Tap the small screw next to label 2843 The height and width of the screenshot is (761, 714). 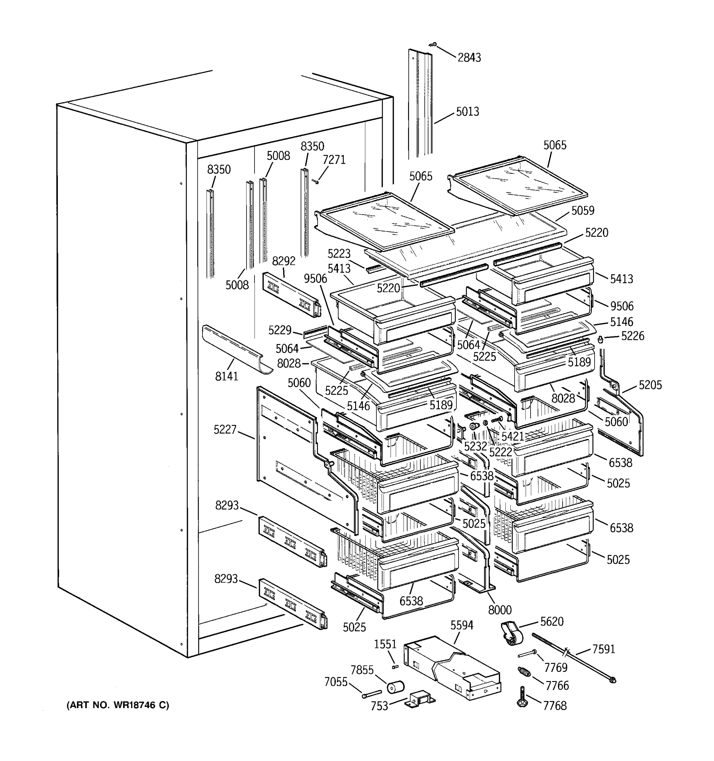point(433,45)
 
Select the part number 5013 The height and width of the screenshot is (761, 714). point(467,112)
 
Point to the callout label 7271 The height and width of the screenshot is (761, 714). point(334,159)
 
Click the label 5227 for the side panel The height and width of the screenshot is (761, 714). point(225,430)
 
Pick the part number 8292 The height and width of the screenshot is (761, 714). point(283,261)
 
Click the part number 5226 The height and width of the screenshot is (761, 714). point(632,336)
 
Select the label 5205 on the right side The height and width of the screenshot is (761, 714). point(650,385)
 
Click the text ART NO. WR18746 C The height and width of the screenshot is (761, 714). point(118,705)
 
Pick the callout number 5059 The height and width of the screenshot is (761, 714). point(583,211)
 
